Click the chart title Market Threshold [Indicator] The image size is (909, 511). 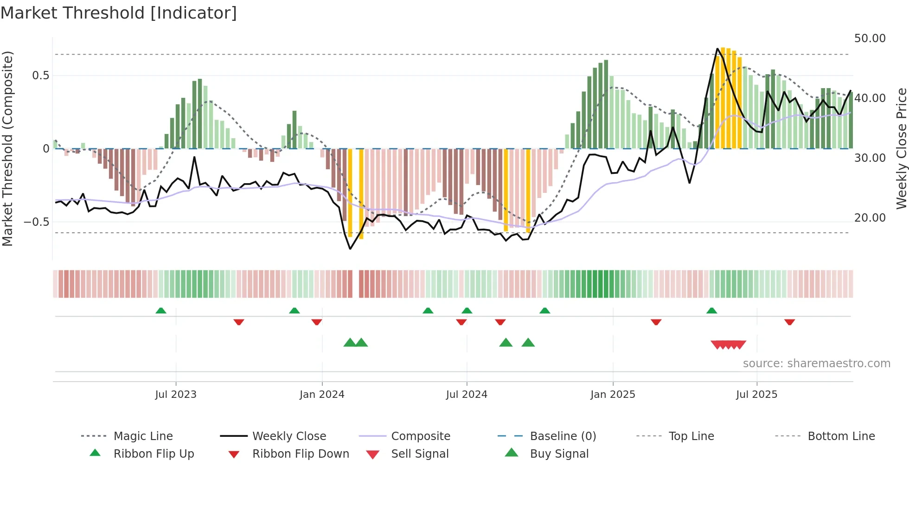[x=119, y=13]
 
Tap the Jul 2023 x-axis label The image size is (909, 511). [x=176, y=395]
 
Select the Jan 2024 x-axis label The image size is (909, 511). [x=322, y=395]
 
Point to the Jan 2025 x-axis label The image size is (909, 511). [x=613, y=395]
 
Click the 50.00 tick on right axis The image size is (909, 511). [x=870, y=38]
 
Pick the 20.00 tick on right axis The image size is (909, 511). [x=870, y=218]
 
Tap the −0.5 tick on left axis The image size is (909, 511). [x=37, y=222]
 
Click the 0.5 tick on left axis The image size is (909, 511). [x=41, y=76]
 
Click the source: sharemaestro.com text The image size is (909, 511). [x=816, y=364]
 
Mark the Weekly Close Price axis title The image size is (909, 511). [x=901, y=148]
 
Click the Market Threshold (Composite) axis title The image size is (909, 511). [x=7, y=148]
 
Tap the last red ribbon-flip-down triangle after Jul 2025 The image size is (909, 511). [x=789, y=322]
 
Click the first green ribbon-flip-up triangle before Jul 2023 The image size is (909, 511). [x=161, y=311]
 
